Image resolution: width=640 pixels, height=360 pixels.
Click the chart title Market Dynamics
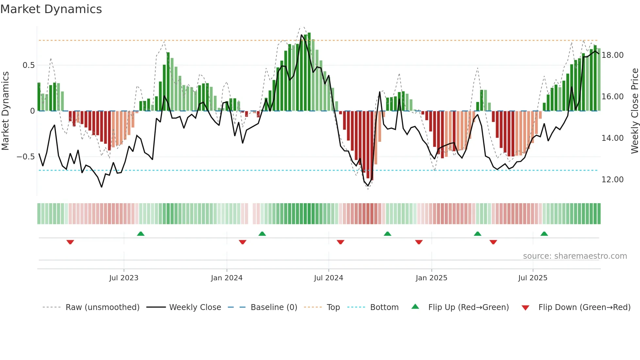click(51, 9)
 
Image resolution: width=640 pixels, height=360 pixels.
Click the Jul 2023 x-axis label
click(124, 278)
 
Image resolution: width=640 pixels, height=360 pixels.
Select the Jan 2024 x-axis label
click(227, 278)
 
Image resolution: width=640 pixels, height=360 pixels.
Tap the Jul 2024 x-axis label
click(328, 278)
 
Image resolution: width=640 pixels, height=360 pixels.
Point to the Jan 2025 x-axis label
click(431, 278)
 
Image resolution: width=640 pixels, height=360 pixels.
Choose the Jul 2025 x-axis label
click(533, 278)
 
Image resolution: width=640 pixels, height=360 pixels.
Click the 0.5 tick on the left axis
click(28, 65)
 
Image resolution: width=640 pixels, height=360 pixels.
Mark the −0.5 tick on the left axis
click(25, 157)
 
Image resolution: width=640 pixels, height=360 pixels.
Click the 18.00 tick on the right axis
click(613, 55)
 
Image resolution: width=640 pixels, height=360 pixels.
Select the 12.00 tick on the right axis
click(613, 180)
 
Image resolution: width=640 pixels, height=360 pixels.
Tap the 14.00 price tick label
click(613, 138)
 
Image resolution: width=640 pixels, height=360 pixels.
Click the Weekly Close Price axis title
click(634, 111)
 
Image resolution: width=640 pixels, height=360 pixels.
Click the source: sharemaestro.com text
click(575, 256)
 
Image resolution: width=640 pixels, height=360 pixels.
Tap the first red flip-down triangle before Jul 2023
click(70, 242)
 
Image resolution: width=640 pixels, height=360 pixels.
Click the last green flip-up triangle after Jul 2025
click(544, 234)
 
